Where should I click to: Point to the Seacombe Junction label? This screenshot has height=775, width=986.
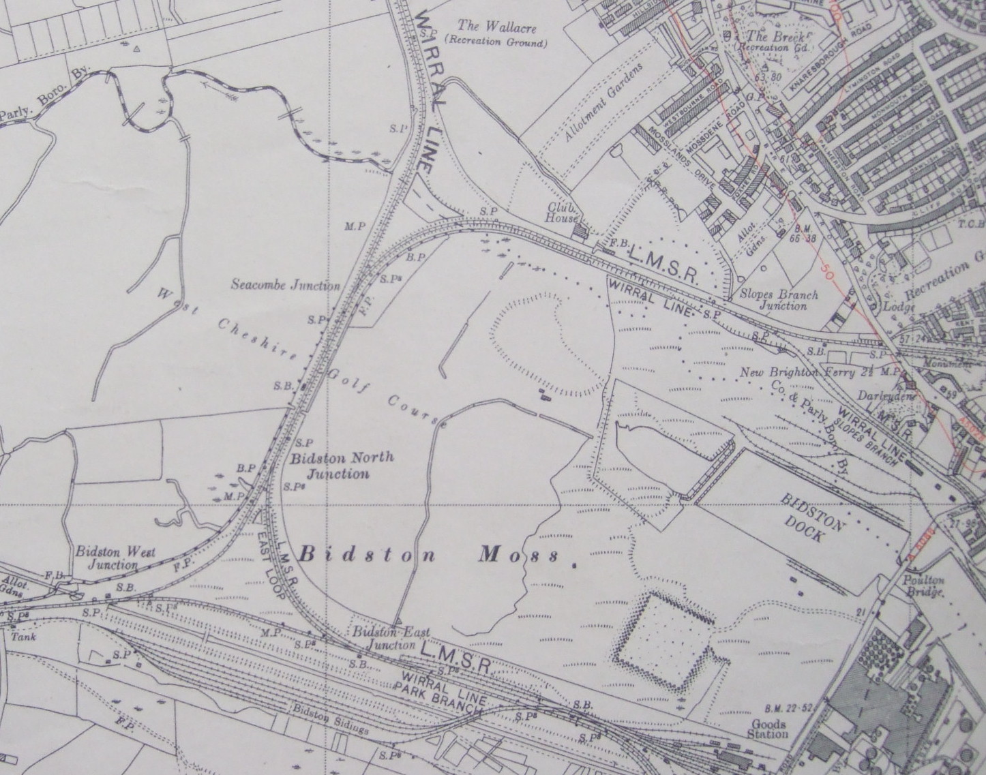tap(284, 285)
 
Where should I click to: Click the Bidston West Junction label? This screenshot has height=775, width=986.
tap(115, 558)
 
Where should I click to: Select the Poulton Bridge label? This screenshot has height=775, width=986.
tap(924, 586)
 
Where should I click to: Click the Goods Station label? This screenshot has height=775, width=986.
tap(768, 729)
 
